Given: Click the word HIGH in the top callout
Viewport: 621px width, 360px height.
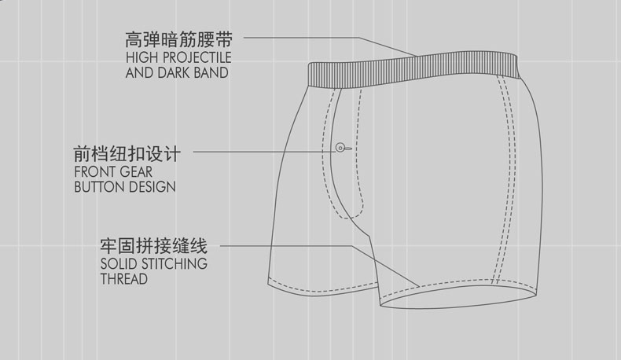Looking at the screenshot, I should [141, 59].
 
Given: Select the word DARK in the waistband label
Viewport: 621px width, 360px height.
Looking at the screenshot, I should [175, 73].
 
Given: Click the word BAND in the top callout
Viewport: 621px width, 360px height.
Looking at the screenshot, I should [212, 73].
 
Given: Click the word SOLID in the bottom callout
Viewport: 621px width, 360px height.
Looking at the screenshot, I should [119, 263].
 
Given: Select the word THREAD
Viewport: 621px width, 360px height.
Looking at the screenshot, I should [124, 278].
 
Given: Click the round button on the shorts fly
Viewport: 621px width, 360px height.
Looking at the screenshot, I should [340, 146].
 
